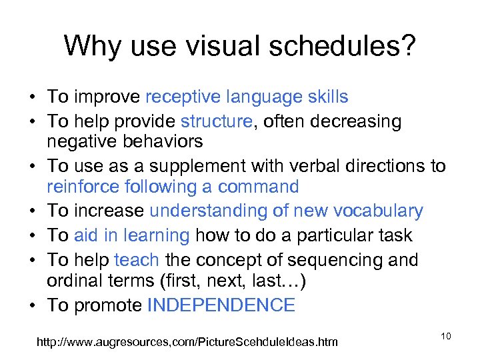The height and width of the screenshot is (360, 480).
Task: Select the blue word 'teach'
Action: click(137, 260)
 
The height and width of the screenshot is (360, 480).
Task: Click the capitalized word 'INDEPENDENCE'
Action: click(221, 306)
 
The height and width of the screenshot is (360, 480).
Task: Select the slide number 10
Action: click(446, 336)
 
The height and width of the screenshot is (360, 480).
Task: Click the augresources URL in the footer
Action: click(187, 342)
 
